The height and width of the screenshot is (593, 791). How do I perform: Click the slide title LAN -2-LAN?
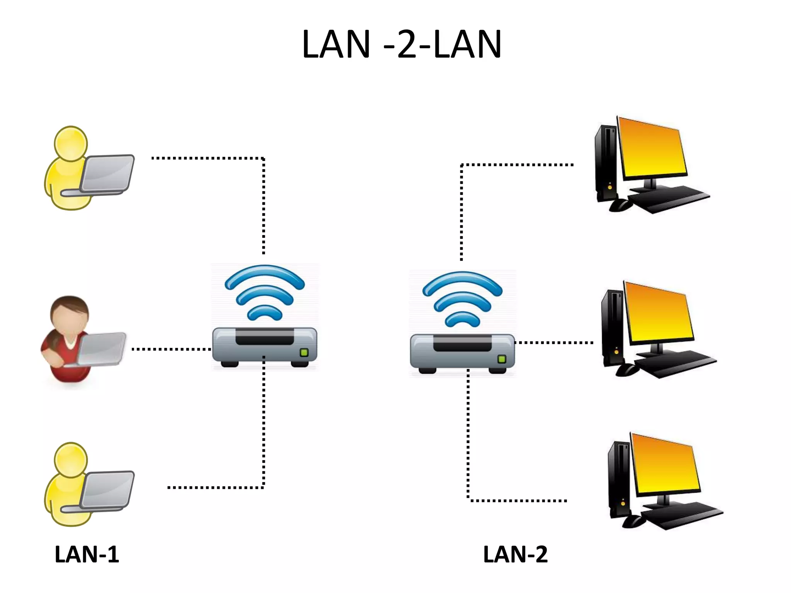[x=401, y=44]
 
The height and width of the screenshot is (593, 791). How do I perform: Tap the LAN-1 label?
[x=87, y=554]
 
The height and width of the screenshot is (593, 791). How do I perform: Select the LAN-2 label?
[x=515, y=554]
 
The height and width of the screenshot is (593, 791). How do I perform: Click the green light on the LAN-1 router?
[x=304, y=352]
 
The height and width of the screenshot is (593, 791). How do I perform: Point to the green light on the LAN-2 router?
[x=502, y=359]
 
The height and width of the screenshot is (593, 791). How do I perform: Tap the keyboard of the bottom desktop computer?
[x=682, y=515]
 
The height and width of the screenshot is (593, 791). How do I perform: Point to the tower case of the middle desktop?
[x=612, y=328]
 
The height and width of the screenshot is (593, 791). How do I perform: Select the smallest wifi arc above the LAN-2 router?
[x=462, y=318]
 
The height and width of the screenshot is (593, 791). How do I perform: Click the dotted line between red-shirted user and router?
[x=171, y=349]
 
